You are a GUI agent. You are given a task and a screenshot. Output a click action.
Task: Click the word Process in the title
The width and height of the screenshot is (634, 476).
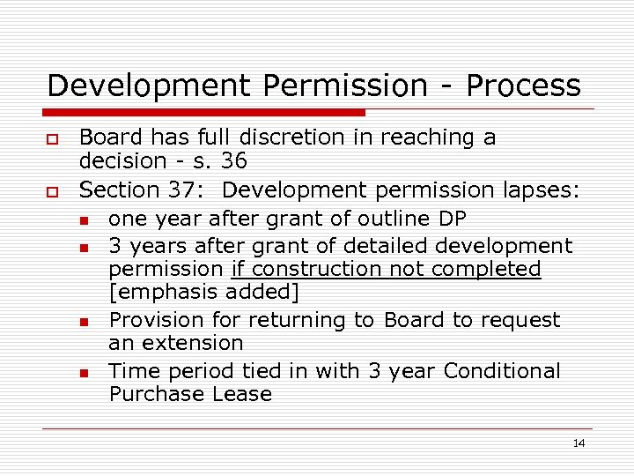(523, 86)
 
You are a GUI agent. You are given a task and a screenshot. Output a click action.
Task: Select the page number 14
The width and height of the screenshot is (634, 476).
(579, 443)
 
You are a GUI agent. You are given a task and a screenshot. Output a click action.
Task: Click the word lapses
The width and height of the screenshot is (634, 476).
(532, 189)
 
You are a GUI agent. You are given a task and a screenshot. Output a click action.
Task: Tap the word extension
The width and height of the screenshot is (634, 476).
(201, 343)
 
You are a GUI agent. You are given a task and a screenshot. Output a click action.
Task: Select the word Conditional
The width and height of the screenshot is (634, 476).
(502, 371)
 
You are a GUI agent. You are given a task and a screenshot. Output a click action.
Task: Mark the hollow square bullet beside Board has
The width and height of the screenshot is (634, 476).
(53, 139)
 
